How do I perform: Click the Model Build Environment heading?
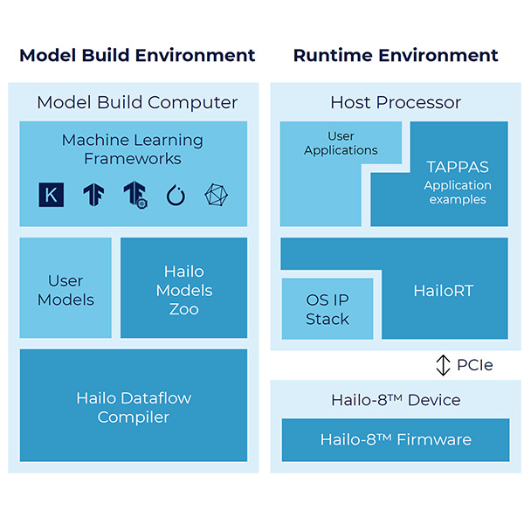coord(137,56)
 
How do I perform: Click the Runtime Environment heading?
coord(396,56)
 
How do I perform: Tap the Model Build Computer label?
coord(137,102)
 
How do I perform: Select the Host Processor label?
coord(396,102)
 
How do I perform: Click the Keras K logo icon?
coord(52,195)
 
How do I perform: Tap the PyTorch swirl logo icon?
coord(176,195)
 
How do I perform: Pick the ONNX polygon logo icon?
coord(216,195)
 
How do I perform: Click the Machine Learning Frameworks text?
coord(133,149)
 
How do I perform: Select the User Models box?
coord(65,290)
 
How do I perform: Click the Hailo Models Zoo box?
coord(183,290)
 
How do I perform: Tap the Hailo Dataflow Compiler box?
coord(133,408)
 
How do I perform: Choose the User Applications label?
coord(341,143)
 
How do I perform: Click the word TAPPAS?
coord(457,166)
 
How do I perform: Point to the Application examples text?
coord(457,192)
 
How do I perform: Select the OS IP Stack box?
coord(327,309)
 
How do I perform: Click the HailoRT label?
coord(443,291)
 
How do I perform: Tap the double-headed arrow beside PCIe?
coord(444,365)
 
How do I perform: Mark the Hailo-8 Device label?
coord(396,400)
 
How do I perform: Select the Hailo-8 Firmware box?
coord(396,439)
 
